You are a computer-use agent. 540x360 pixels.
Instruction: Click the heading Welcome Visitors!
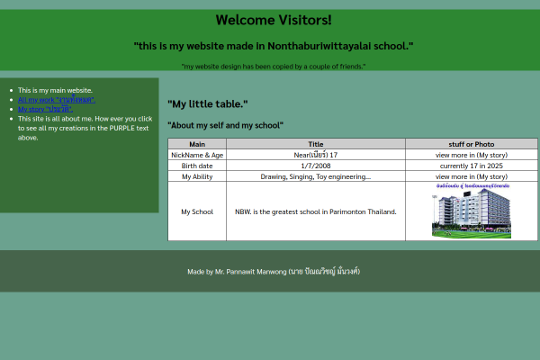point(273,20)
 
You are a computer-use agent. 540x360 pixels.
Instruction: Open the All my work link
point(56,100)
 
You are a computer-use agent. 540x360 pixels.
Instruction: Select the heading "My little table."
point(208,103)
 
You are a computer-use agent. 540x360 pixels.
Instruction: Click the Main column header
point(196,144)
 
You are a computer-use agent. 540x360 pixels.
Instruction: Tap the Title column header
point(315,144)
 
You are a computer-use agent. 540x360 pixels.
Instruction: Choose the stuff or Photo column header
point(471,144)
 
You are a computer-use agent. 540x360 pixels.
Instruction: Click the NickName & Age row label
point(196,155)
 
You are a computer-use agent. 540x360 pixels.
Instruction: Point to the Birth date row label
point(196,166)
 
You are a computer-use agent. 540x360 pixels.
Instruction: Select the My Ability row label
point(196,176)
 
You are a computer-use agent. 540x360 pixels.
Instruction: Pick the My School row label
point(196,211)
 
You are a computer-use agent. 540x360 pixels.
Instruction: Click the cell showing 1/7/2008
point(315,166)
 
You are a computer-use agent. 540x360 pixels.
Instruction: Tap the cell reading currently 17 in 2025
point(471,166)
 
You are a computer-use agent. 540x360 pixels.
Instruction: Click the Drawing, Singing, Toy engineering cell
point(315,176)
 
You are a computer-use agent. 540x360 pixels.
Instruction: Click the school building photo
point(471,212)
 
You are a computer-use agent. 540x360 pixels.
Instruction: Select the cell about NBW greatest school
point(315,211)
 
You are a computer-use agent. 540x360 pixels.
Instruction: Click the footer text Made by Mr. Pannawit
point(273,271)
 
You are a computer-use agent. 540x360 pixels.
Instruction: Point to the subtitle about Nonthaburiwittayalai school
point(273,45)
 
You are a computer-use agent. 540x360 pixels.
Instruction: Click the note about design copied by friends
point(273,66)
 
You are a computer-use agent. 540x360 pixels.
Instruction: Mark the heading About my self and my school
point(225,125)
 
